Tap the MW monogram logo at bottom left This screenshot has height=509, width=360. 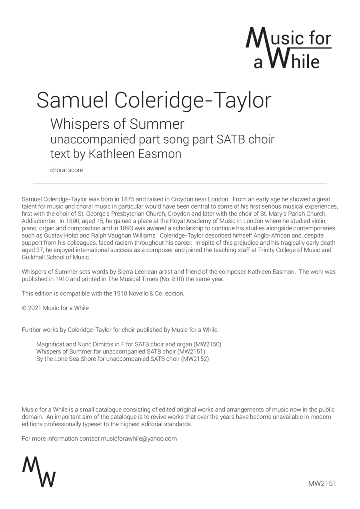[39, 471]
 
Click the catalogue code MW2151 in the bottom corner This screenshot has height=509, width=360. [322, 483]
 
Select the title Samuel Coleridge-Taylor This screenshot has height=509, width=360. [154, 100]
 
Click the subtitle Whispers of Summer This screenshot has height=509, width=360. [117, 124]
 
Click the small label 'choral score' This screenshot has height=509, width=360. [66, 170]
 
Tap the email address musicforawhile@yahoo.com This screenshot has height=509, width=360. [139, 438]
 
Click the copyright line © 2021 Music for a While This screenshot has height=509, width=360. [55, 308]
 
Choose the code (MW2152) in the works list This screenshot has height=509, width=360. [195, 359]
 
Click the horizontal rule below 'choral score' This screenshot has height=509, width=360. [180, 184]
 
